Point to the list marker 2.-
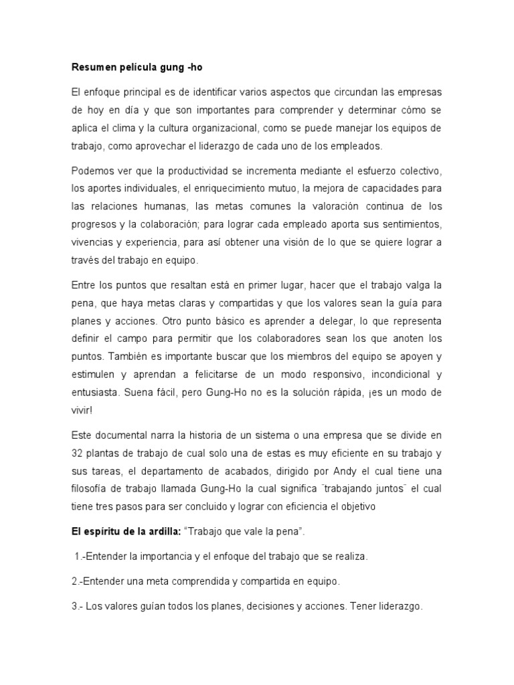tap(78, 581)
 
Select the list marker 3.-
tap(78, 605)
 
